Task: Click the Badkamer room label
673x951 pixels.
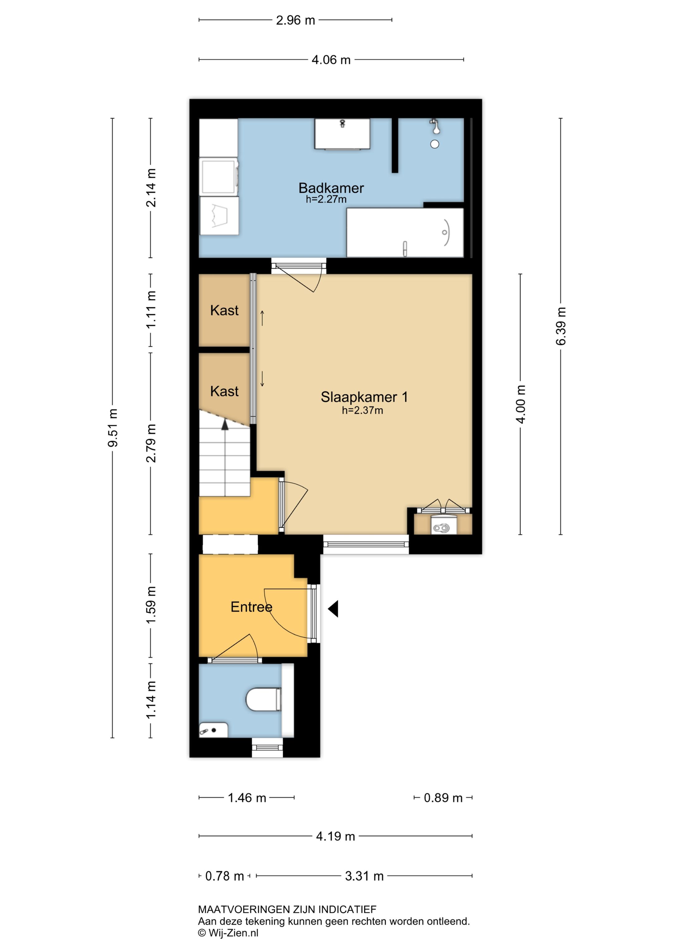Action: (x=331, y=188)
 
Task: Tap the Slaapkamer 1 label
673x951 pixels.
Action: (x=364, y=397)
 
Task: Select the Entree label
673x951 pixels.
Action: (x=251, y=607)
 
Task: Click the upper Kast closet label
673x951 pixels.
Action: (x=224, y=310)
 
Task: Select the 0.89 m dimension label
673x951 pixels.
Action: (x=443, y=798)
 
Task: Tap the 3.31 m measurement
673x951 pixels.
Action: (x=364, y=876)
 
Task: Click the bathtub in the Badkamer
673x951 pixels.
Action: (x=405, y=232)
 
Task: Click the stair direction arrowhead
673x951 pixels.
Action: (x=225, y=425)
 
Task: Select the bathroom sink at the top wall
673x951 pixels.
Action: (x=342, y=134)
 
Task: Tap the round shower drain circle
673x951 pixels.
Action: (x=435, y=144)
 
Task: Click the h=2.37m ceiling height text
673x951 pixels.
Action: (x=363, y=411)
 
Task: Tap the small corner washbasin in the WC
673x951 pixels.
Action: (x=213, y=730)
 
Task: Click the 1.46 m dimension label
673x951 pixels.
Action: (x=247, y=798)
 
